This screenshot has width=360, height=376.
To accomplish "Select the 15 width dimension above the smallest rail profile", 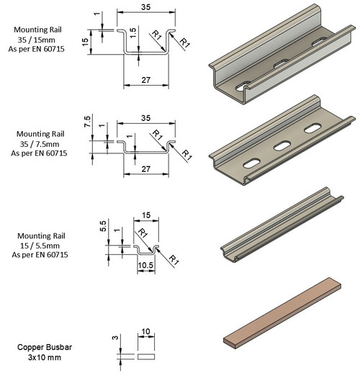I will pyautogui.click(x=146, y=215).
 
